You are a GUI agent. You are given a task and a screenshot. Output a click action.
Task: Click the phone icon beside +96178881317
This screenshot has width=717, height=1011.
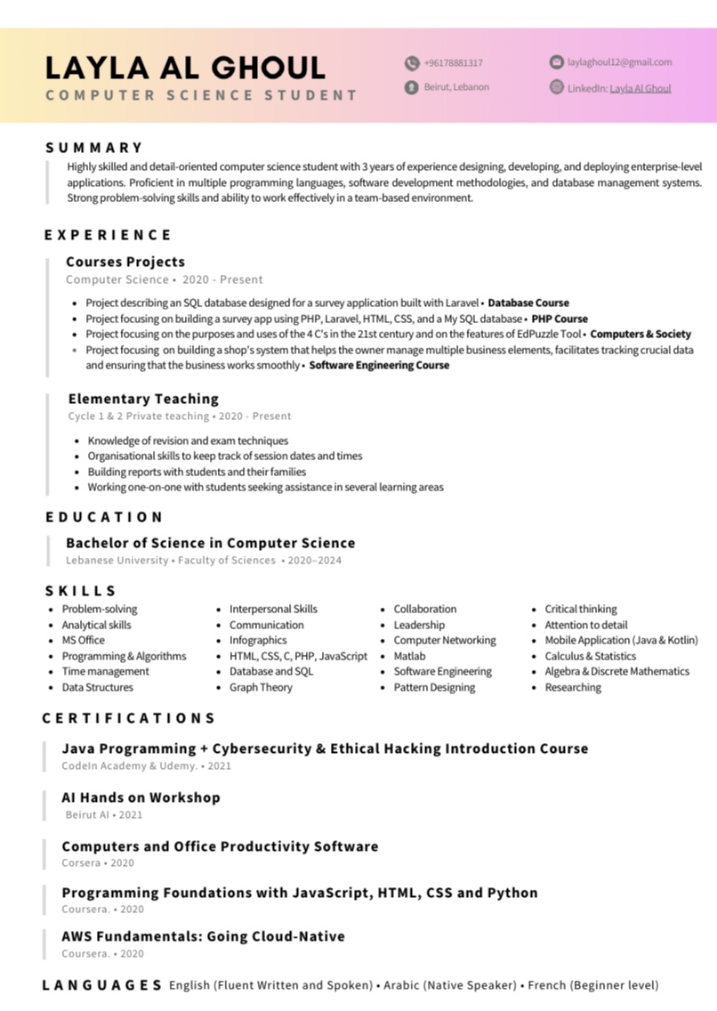[412, 63]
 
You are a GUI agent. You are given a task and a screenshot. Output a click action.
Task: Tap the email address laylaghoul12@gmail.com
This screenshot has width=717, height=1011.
[619, 62]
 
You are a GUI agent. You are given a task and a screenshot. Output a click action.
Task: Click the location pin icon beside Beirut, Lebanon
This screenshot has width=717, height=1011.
[412, 87]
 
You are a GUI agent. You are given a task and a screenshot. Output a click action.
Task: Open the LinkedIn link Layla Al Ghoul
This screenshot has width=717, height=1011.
[640, 88]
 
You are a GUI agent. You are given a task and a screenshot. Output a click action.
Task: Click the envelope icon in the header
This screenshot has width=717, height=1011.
[557, 62]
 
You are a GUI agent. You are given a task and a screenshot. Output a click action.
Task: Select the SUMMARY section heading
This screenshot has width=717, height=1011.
[94, 148]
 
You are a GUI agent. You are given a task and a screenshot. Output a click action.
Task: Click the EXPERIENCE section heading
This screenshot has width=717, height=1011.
[109, 235]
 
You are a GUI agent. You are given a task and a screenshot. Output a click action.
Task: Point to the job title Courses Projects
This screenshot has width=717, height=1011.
[125, 262]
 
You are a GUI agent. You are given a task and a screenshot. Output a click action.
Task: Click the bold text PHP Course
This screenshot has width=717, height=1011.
[560, 318]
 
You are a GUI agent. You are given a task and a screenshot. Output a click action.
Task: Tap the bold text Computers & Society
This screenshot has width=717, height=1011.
[640, 334]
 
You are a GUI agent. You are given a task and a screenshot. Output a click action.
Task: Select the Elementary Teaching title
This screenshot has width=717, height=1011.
[143, 399]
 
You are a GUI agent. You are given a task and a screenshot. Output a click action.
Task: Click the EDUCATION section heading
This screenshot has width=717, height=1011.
[105, 517]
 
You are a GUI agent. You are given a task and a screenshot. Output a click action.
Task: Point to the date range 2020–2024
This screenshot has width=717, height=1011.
[314, 561]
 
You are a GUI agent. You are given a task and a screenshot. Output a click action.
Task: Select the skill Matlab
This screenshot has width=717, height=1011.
[409, 656]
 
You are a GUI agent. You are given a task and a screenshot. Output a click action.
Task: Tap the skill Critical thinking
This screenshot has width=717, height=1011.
[580, 609]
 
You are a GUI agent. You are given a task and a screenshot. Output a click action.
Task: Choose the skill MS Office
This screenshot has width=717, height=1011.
[83, 640]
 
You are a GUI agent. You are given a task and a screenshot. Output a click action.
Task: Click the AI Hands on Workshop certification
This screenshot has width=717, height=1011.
[141, 797]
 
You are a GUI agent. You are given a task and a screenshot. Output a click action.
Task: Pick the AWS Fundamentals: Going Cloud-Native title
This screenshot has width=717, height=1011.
[203, 936]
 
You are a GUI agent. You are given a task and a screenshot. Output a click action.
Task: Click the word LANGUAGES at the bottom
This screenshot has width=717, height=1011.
[102, 985]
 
